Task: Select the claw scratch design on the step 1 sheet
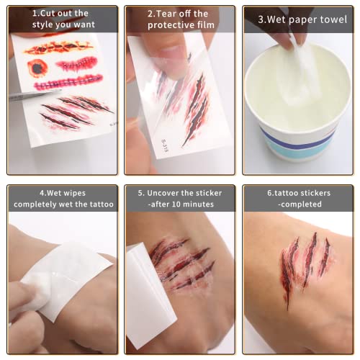point(72,112)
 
